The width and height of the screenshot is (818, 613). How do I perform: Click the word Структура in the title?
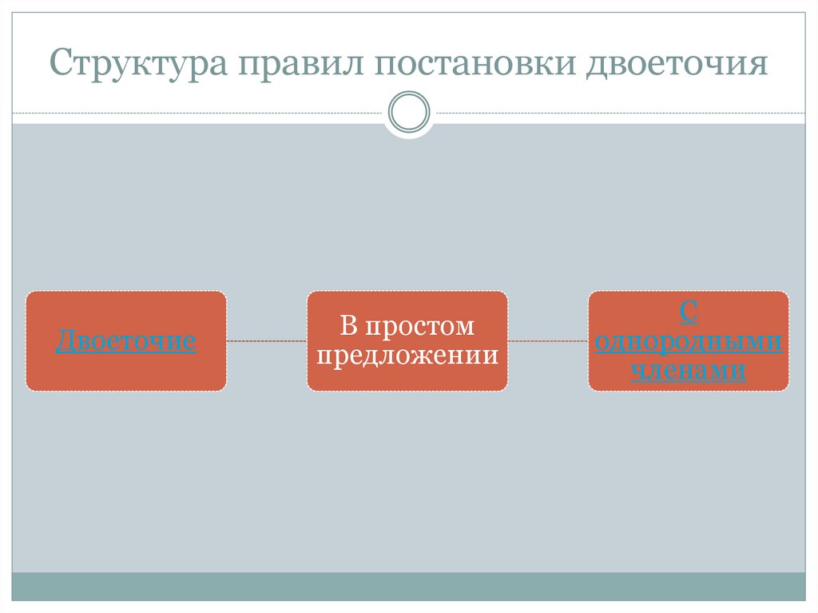134,63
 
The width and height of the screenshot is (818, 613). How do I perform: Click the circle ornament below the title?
408,113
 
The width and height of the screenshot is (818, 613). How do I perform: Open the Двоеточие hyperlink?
126,342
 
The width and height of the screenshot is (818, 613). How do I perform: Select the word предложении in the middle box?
407,355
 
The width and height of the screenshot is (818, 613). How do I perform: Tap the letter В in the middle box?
347,327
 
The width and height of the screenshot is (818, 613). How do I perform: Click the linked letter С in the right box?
689,313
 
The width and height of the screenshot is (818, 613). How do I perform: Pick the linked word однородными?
689,342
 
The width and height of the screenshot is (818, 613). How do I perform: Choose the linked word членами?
689,370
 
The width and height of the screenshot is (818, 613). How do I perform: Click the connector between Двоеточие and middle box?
267,341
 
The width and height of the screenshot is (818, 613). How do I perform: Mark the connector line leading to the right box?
548,341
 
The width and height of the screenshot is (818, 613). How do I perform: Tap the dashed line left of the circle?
200,113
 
